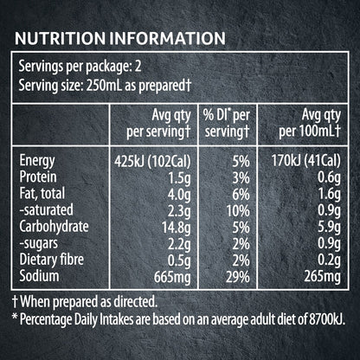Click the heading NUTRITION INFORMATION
point(120,38)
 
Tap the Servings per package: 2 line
point(80,67)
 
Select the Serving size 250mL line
point(105,86)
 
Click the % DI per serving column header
point(227,124)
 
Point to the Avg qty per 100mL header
point(310,124)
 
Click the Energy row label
point(37,161)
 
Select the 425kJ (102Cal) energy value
point(152,162)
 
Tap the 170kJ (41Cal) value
point(306,161)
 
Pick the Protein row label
point(38,177)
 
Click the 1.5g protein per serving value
point(179,178)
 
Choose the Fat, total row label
point(42,194)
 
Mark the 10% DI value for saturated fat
point(238,211)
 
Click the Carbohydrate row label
point(54,227)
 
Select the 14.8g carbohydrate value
point(177,228)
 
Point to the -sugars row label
point(39,244)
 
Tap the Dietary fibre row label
point(52,260)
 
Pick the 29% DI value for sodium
point(238,277)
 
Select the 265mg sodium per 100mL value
point(323,277)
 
